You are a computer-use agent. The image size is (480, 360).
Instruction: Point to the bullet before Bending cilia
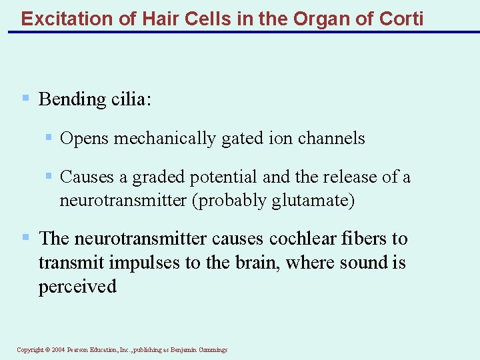tap(25, 99)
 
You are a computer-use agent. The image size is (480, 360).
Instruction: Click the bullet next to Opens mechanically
tap(48, 138)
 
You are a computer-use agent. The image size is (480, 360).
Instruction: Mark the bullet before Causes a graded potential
tap(48, 177)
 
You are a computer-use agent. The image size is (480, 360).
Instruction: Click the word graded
tap(159, 177)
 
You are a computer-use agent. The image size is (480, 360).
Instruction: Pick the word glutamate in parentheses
tap(310, 201)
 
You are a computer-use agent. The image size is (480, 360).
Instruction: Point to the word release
tap(355, 177)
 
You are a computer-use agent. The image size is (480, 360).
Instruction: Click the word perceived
tap(77, 287)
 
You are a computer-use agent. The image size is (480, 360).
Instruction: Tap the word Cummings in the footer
tap(211, 350)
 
